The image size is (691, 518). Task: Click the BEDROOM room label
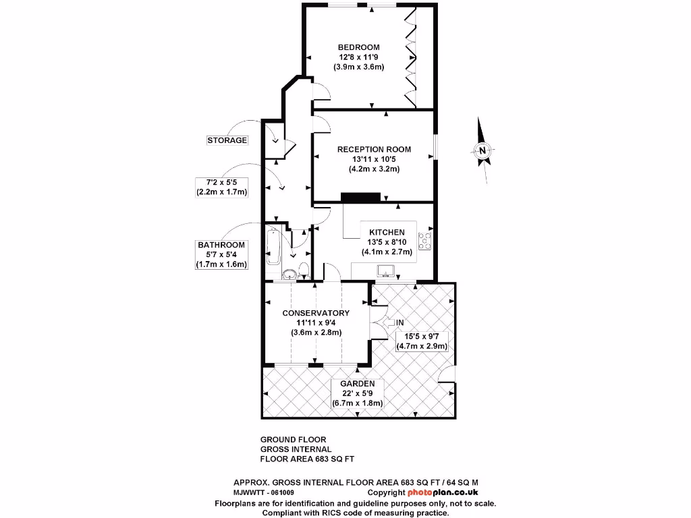(x=358, y=47)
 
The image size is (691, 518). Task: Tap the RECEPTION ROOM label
(x=374, y=149)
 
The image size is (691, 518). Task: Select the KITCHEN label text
(x=387, y=232)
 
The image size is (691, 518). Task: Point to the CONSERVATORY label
(x=316, y=313)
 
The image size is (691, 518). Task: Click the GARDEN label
(x=357, y=383)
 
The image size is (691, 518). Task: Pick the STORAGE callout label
(x=227, y=140)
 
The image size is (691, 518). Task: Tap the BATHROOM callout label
(x=221, y=245)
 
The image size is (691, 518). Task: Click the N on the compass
(x=482, y=151)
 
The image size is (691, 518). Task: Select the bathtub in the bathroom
(x=274, y=246)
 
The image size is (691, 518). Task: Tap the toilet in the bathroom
(x=304, y=270)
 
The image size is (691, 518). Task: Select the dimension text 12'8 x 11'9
(x=358, y=57)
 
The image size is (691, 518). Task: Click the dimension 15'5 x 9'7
(x=422, y=336)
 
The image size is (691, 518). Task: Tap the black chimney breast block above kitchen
(x=361, y=197)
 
